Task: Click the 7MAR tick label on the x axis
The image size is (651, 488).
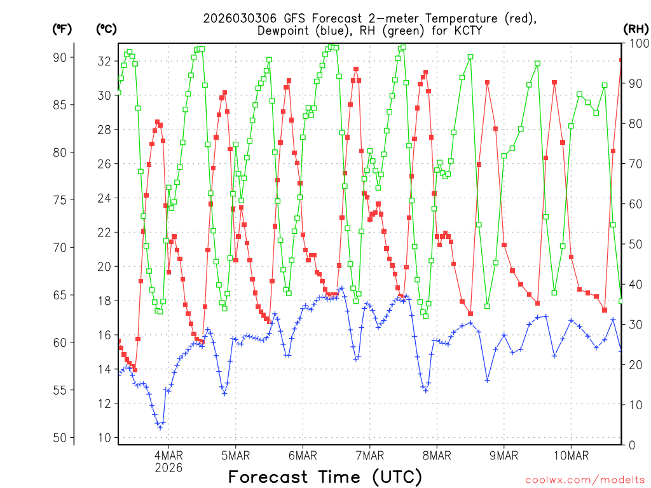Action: click(x=370, y=456)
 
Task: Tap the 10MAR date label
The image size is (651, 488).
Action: click(x=571, y=456)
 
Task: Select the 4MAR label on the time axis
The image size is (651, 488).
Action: click(x=168, y=456)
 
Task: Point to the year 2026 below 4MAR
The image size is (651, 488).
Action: click(x=168, y=468)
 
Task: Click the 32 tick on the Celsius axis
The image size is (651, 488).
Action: click(x=104, y=61)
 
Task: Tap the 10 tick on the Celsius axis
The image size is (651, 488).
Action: click(x=104, y=438)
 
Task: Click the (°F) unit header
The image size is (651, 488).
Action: click(x=61, y=29)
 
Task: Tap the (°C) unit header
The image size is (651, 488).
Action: click(x=106, y=29)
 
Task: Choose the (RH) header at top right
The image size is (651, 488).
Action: click(x=636, y=29)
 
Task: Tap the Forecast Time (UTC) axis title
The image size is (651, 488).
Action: click(x=325, y=477)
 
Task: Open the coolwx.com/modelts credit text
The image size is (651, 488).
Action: click(x=585, y=479)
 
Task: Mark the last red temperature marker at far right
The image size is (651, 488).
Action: click(x=621, y=60)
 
